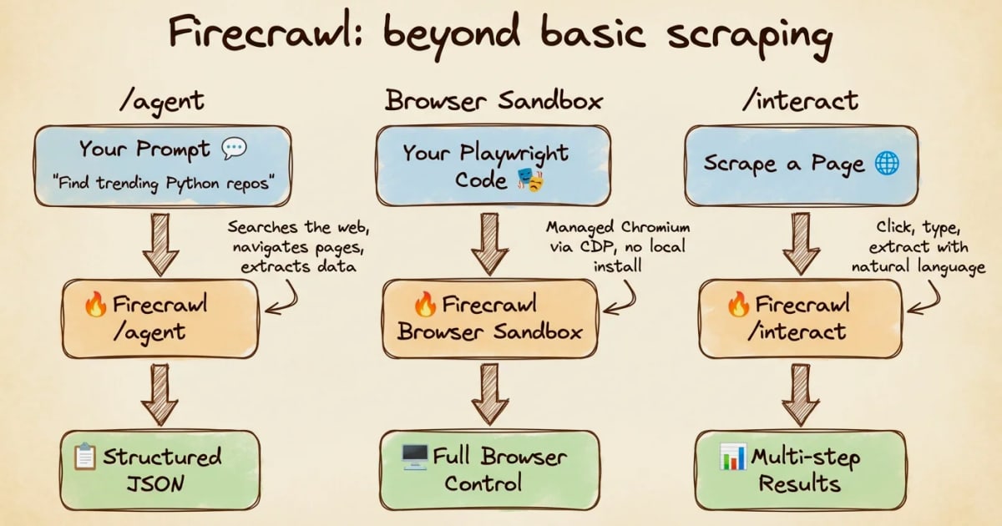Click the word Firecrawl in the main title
point(259,33)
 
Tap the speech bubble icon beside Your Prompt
point(234,149)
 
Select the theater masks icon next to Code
point(530,180)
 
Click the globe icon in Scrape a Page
point(887,164)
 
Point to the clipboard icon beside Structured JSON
point(85,456)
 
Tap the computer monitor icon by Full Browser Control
point(415,457)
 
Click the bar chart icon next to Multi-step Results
point(733,457)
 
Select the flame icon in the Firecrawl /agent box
point(96,304)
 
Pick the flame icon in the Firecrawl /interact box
point(738,304)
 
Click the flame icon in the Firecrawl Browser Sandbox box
point(425,304)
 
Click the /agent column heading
point(162,102)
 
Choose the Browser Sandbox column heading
point(493,100)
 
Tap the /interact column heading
point(800,100)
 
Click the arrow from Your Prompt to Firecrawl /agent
point(160,244)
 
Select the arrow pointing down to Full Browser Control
point(490,394)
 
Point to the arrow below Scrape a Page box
point(801,244)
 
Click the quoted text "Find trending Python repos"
point(164,184)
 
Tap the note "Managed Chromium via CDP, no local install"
point(618,247)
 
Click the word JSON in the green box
point(155,484)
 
